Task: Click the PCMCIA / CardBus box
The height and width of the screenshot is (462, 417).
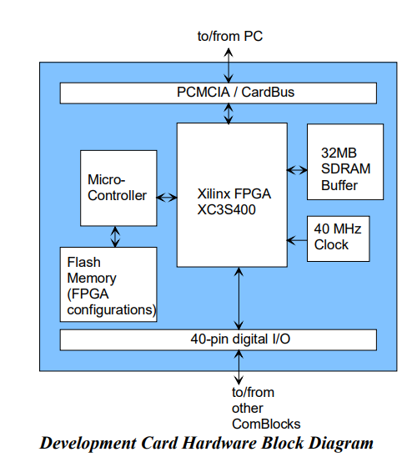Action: point(218,93)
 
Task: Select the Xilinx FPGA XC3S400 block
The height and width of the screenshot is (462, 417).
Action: point(232,195)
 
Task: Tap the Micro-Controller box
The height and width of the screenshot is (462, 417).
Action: point(118,188)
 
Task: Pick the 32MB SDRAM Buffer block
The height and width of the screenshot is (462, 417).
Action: point(345,162)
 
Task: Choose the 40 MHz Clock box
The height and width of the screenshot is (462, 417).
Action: point(338,239)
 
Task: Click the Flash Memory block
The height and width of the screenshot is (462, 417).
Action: point(108,284)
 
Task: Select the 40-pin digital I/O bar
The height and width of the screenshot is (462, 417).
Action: point(218,339)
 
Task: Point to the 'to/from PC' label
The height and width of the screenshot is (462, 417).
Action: point(230,36)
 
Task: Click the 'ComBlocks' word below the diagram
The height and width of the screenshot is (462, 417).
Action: point(266,424)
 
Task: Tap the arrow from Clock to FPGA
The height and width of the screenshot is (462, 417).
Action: point(297,240)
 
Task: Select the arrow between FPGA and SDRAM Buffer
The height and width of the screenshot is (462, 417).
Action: point(297,170)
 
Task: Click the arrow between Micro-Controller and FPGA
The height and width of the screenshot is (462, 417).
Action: point(167,198)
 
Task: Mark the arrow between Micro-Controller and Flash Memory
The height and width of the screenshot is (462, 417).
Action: point(115,237)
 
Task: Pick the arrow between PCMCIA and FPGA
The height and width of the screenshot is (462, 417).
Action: point(229,113)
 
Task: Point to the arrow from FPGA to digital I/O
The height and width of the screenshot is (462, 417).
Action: point(239,299)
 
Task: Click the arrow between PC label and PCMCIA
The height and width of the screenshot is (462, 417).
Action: point(229,65)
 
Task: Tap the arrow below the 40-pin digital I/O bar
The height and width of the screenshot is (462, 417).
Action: point(239,367)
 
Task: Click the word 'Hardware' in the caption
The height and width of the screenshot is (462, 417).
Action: point(219,443)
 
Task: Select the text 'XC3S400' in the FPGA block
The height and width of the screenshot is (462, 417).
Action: point(226,210)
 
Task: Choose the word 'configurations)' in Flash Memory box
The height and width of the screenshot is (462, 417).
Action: point(112,310)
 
